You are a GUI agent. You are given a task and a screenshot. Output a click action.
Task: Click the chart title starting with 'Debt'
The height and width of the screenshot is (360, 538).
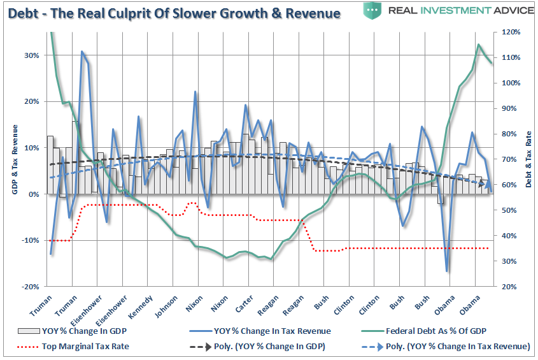point(173,13)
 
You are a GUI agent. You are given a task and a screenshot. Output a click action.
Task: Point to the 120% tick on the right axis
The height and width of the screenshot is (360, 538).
point(511,32)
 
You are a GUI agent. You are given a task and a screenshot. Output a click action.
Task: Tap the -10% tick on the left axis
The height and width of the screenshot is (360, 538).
point(30,240)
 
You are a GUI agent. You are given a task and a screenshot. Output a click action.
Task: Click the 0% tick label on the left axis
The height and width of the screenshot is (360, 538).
point(34,194)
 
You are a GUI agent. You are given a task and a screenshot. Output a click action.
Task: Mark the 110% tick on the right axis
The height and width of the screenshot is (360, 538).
point(511,57)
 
